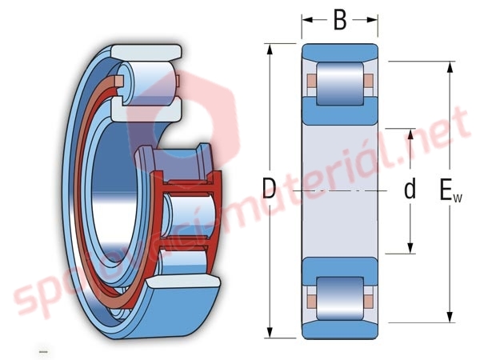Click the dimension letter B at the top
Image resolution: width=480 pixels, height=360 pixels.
(340, 20)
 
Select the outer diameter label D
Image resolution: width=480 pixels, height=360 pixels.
(269, 189)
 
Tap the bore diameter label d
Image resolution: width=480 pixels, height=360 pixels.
(410, 189)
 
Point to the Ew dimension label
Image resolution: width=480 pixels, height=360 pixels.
(450, 190)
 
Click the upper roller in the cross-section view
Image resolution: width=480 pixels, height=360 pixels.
(340, 83)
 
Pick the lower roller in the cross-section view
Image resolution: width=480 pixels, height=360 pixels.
(340, 298)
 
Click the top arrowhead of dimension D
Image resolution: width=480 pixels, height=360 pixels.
(270, 50)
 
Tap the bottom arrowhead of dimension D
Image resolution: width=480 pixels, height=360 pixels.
(270, 333)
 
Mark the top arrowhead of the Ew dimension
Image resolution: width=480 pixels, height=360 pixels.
(450, 67)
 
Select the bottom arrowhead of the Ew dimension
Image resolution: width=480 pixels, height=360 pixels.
(450, 317)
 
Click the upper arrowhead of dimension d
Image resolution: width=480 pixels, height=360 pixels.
(410, 134)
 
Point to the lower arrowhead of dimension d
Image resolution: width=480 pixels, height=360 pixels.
(410, 248)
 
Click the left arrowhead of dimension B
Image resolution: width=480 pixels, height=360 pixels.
(307, 20)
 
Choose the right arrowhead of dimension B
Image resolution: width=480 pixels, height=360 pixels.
(372, 20)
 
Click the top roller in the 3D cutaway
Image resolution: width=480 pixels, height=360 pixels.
(147, 82)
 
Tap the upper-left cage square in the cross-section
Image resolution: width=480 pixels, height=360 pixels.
(311, 81)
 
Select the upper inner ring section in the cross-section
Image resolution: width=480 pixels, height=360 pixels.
(340, 111)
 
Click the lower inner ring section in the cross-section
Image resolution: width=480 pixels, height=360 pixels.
(340, 272)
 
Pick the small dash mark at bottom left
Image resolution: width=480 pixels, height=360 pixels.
(43, 351)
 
